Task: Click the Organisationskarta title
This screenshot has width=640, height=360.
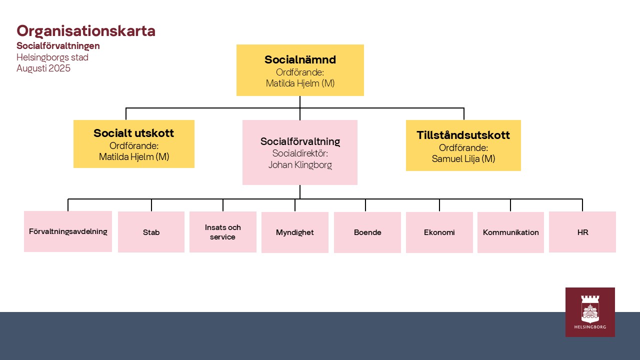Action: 86,31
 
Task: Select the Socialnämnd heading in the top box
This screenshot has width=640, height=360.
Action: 300,59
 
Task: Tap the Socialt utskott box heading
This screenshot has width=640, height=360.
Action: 133,133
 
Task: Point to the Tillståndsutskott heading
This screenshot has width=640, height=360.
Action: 463,135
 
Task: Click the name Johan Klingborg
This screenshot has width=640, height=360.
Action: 300,165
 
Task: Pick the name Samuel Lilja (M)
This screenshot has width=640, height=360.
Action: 463,158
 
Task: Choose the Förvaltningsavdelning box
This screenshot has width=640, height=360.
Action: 68,231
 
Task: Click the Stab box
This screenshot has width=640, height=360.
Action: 151,232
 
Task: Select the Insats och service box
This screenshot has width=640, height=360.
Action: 223,232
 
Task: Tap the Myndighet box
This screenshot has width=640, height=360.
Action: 295,232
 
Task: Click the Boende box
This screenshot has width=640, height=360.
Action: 367,232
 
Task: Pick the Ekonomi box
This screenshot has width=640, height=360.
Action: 439,232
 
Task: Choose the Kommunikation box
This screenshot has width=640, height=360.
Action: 510,232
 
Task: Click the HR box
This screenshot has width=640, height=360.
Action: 582,232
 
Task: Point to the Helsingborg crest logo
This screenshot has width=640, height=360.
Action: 590,312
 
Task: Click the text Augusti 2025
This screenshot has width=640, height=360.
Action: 43,68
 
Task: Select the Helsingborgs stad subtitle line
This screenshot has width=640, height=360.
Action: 52,57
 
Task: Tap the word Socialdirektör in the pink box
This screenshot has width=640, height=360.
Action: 300,153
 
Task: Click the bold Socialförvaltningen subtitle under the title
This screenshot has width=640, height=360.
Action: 58,45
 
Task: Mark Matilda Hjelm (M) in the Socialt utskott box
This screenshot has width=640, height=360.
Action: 134,156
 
